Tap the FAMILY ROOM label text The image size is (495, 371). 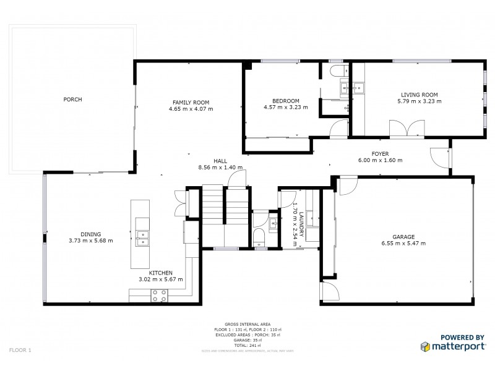191,102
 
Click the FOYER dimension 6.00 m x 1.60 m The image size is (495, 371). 380,160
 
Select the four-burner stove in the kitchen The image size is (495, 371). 159,297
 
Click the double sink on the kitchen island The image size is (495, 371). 142,236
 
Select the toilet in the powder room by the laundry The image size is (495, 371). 259,236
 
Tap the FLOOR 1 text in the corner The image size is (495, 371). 20,350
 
